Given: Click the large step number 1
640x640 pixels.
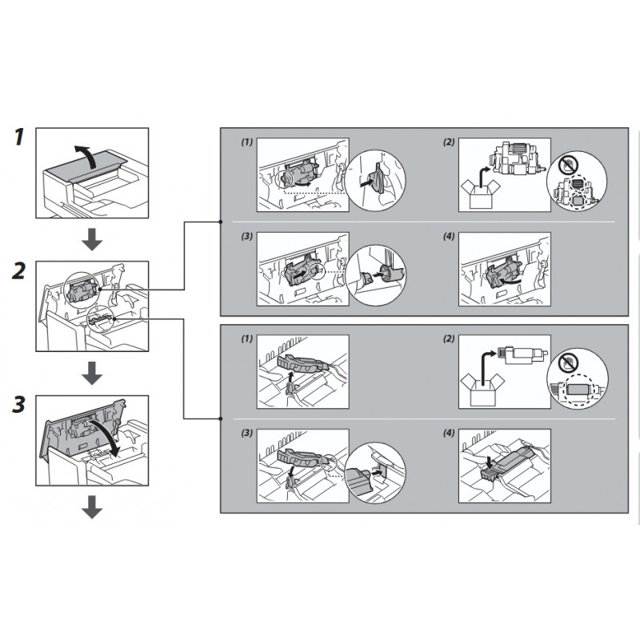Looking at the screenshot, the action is point(19,137).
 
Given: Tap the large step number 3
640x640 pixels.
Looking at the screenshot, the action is point(19,405).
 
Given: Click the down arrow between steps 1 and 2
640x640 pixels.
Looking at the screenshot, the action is point(92,239).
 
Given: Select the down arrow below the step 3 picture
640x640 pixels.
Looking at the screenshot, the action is point(92,507).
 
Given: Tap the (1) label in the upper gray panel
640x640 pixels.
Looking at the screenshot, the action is point(246,142).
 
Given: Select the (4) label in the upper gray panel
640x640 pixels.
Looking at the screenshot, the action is point(449,236).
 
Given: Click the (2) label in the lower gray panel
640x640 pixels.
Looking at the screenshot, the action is point(449,338).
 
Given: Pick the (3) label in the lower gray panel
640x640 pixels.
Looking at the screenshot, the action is point(246,433).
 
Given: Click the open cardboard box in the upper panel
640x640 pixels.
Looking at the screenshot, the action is point(481,194).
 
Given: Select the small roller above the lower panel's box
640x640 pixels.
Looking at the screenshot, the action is point(522,354).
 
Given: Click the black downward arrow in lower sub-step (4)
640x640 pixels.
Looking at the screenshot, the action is point(490,462).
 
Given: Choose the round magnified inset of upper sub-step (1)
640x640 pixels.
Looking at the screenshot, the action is point(375,180).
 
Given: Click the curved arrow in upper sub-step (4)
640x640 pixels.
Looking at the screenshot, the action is point(511,282).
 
